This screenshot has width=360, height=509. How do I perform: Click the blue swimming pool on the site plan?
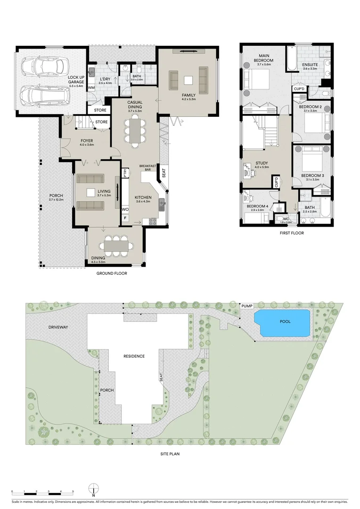(282, 323)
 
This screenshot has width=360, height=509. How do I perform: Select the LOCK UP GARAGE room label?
(75, 80)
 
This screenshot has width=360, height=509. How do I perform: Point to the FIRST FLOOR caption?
(292, 233)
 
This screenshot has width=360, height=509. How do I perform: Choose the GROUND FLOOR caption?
(112, 273)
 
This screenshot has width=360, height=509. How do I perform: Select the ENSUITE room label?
(310, 65)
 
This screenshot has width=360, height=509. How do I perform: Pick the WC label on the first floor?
(286, 218)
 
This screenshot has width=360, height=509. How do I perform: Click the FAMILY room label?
(188, 96)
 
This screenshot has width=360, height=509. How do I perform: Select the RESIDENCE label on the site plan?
(134, 356)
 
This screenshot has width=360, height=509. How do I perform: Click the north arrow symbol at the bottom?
(94, 489)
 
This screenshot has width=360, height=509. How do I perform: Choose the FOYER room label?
(86, 140)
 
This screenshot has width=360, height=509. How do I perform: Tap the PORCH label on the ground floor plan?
(56, 196)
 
